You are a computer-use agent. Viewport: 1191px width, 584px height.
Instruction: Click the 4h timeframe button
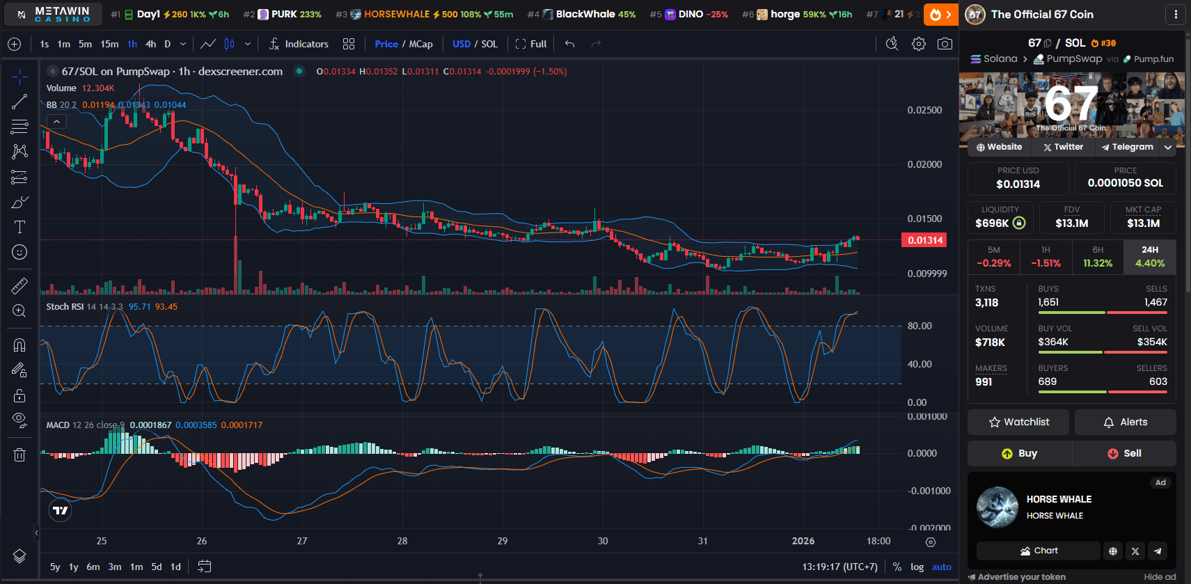coord(150,44)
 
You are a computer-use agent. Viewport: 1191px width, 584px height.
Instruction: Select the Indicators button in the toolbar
coord(299,44)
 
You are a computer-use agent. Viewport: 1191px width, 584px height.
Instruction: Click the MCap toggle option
coord(420,44)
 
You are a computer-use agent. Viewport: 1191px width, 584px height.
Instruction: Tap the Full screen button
coord(531,44)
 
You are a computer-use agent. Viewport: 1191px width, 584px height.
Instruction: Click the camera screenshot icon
coord(945,44)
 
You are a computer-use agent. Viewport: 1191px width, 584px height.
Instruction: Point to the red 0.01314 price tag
coord(925,240)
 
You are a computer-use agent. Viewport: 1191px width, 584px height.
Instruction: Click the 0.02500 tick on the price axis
coord(924,110)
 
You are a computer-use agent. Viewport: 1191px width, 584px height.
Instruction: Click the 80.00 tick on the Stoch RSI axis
coord(919,326)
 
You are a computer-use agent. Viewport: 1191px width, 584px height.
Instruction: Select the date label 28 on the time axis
coord(402,541)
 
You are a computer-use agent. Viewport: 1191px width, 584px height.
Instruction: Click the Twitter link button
coord(1063,147)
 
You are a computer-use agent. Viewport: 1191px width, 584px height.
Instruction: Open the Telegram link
coord(1127,147)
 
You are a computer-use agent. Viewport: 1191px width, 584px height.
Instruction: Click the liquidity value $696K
coord(992,223)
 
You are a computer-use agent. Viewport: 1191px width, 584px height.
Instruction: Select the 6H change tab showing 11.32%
coord(1098,257)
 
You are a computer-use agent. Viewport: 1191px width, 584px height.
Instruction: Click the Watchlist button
coord(1018,422)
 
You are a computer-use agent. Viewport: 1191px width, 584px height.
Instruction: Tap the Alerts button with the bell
coord(1125,422)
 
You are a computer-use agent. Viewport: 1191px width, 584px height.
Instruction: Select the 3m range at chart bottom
coord(115,567)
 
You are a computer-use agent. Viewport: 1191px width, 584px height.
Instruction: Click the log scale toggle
coord(917,567)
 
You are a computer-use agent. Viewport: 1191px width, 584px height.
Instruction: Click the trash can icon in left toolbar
coord(19,455)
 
